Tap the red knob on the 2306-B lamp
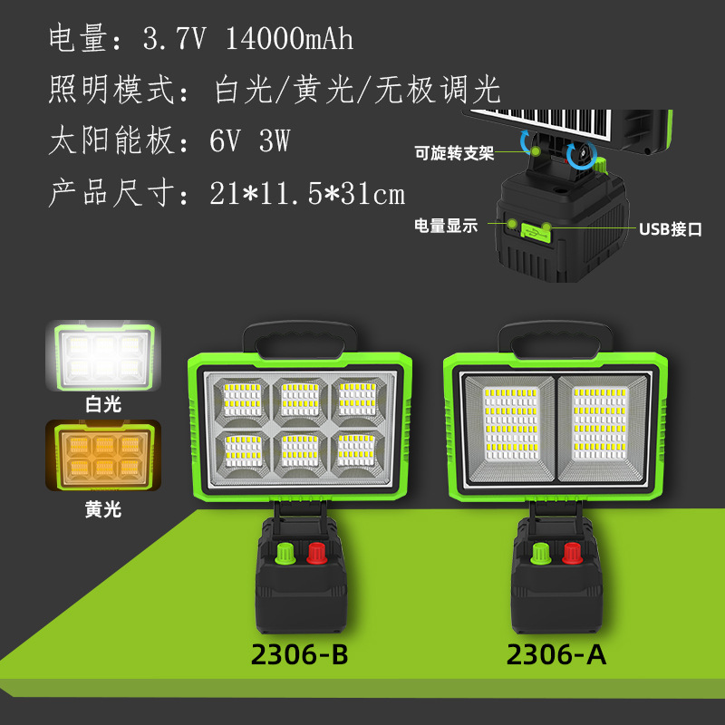[x=317, y=553]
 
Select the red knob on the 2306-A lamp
[x=572, y=553]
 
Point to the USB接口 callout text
[x=671, y=230]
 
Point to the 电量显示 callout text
[x=445, y=226]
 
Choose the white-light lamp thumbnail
[x=101, y=357]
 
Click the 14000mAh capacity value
[x=289, y=40]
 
